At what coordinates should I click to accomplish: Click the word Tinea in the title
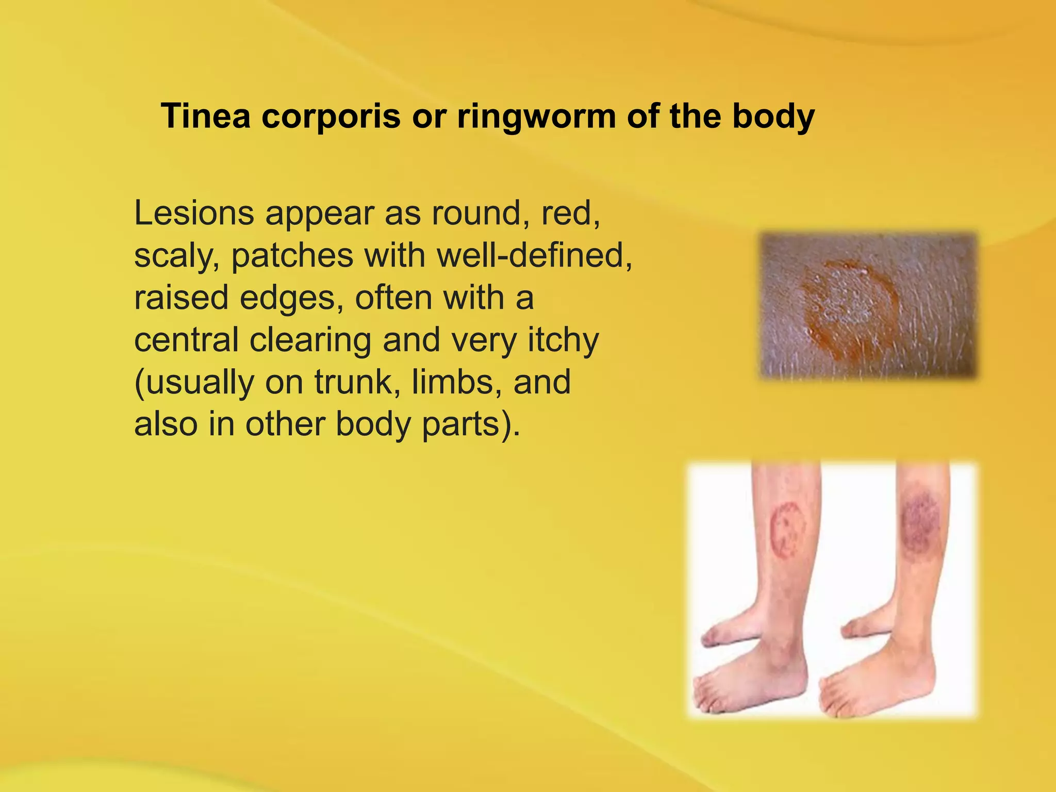point(206,115)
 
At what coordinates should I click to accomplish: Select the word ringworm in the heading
point(536,117)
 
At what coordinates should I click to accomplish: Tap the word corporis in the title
point(331,117)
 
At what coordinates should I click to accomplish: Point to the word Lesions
point(194,213)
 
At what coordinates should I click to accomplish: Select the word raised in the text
point(181,298)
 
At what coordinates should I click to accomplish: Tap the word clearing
point(310,341)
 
